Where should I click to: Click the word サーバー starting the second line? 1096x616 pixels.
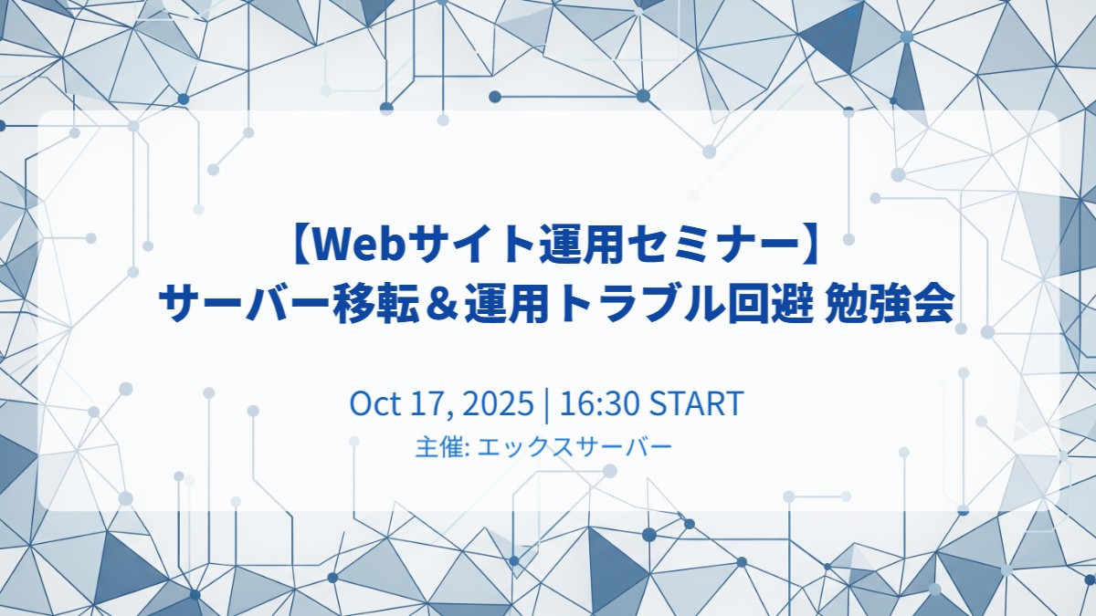(244, 303)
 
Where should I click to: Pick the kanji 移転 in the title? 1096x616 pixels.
(375, 303)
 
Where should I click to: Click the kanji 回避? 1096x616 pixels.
(766, 303)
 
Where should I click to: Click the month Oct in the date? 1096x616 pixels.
(375, 403)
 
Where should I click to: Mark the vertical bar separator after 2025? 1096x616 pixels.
(545, 405)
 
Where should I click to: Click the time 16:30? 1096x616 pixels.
(599, 403)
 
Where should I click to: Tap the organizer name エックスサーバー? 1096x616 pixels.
(574, 447)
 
